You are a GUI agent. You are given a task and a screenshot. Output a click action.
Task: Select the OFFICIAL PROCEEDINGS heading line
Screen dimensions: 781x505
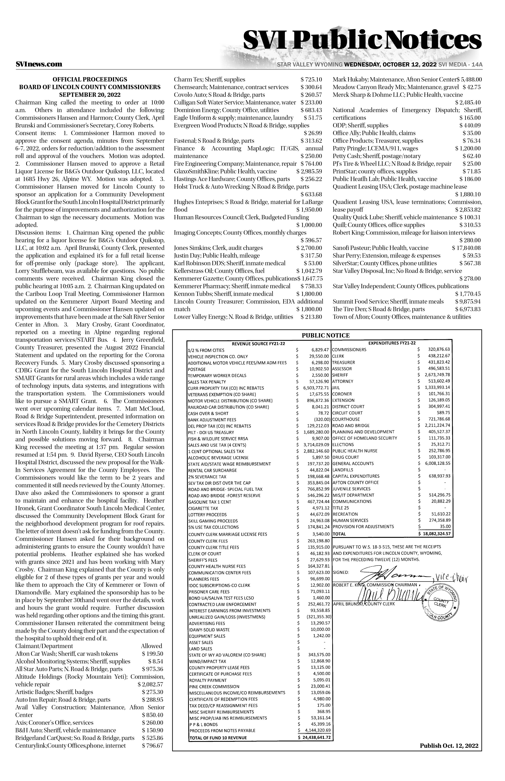90,79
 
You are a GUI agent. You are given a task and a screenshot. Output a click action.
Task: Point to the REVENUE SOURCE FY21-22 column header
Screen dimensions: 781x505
258,344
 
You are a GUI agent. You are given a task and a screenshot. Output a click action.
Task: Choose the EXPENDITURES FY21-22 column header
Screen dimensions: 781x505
392,343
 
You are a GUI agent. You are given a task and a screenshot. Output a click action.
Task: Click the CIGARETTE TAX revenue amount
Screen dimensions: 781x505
320,508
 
